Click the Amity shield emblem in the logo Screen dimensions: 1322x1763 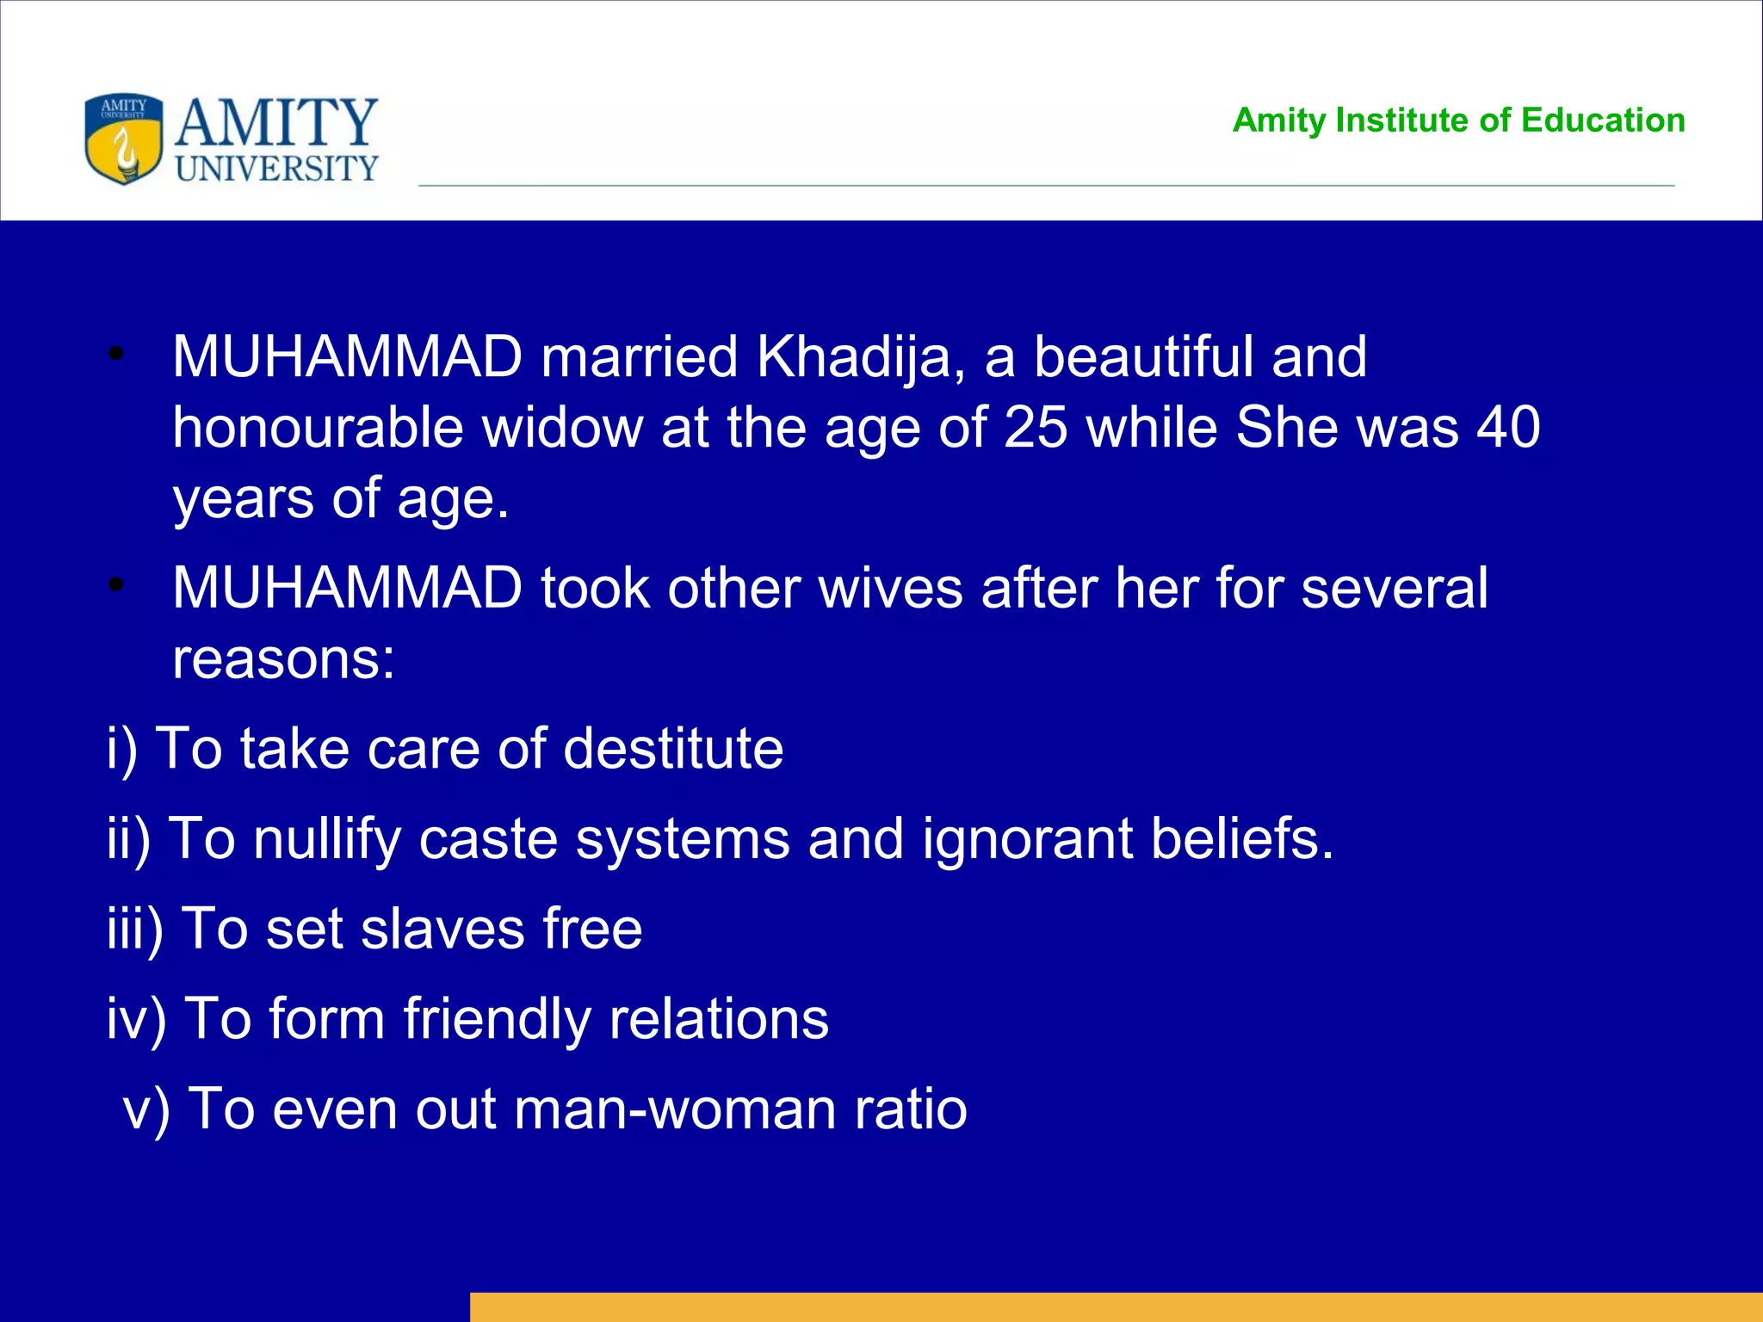tap(124, 139)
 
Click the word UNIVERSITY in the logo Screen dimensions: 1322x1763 tap(276, 169)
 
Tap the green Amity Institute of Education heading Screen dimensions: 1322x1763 tap(1458, 120)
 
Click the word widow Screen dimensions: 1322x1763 tap(562, 427)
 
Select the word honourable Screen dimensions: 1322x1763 tap(318, 427)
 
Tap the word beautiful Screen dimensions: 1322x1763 tap(1142, 356)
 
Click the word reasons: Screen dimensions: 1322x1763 tap(283, 659)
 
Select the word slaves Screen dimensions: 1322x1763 tap(442, 929)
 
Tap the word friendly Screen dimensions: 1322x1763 tap(497, 1019)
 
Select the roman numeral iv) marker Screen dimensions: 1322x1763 tap(136, 1019)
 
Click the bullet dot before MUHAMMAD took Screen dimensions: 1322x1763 tap(117, 586)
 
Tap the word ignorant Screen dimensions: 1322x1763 tap(1027, 838)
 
